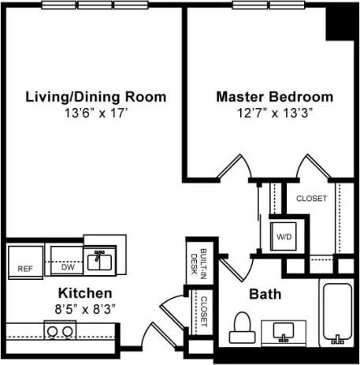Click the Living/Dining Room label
(96, 97)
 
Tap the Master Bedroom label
(274, 97)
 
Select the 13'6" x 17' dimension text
(96, 114)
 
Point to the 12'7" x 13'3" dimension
(274, 114)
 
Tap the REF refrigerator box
(25, 263)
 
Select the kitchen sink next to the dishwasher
(100, 257)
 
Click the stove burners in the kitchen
(58, 330)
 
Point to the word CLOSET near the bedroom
(311, 199)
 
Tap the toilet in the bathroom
(243, 326)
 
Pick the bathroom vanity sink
(284, 330)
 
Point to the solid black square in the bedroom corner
(342, 24)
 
